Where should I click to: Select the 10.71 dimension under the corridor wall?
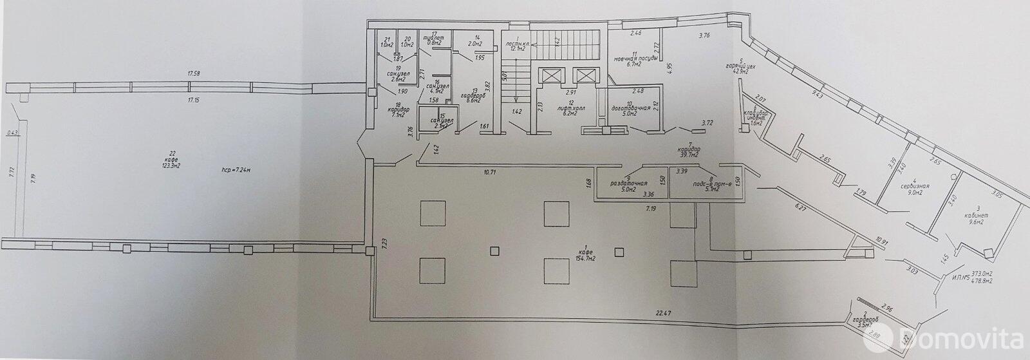tap(491, 173)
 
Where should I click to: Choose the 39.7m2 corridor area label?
tap(694, 155)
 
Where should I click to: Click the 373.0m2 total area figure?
tap(980, 272)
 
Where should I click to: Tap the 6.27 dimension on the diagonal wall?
tap(800, 208)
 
